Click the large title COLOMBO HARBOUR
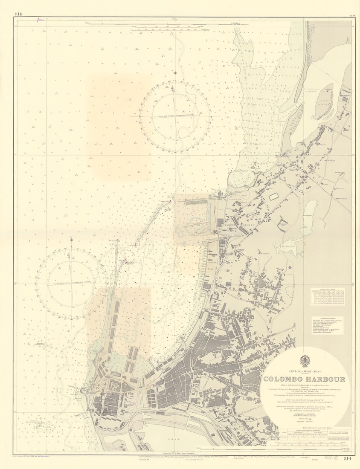(x=304, y=379)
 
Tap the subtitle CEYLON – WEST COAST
(x=304, y=371)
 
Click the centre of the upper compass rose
(x=175, y=116)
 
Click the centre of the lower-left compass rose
(x=71, y=283)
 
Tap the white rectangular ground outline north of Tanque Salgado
(x=273, y=197)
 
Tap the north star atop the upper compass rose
(x=175, y=73)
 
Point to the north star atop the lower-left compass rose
(x=71, y=240)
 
